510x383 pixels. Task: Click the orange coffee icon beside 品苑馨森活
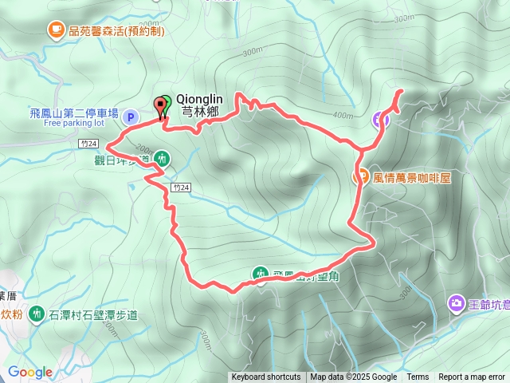click(55, 30)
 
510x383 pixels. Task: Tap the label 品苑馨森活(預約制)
click(117, 31)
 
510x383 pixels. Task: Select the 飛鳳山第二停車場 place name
click(74, 113)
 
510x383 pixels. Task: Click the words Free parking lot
click(74, 124)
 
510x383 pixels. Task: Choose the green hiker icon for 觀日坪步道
click(163, 159)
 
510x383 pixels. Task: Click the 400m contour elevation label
click(343, 116)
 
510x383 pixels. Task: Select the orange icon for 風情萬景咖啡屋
click(360, 177)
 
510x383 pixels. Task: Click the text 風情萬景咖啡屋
click(412, 178)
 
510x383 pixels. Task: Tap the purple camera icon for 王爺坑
click(456, 302)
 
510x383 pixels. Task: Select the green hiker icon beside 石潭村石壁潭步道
click(36, 314)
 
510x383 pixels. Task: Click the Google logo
click(30, 372)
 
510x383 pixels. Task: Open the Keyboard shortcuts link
click(266, 377)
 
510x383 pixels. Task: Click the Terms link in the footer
click(418, 377)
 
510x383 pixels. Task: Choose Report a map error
click(473, 377)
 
